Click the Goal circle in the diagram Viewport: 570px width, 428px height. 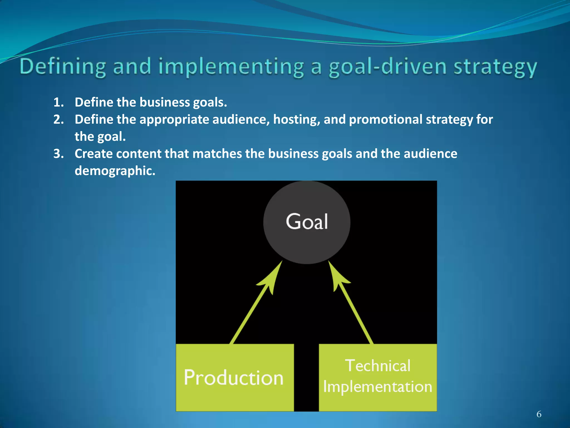pyautogui.click(x=307, y=222)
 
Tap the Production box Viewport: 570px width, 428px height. pyautogui.click(x=235, y=378)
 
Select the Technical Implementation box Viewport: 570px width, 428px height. pyautogui.click(x=378, y=378)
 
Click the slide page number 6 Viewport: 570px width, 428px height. pyautogui.click(x=539, y=414)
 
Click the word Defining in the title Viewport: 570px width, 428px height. pyautogui.click(x=63, y=67)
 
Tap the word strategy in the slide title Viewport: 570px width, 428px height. pyautogui.click(x=495, y=67)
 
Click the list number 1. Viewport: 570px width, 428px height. pyautogui.click(x=58, y=103)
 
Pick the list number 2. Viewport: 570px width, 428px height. pyautogui.click(x=58, y=120)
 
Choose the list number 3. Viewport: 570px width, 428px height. pyautogui.click(x=58, y=154)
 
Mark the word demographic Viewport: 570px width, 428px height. pyautogui.click(x=115, y=171)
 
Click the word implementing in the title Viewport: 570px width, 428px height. pyautogui.click(x=231, y=67)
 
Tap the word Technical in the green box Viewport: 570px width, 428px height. pyautogui.click(x=378, y=366)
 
